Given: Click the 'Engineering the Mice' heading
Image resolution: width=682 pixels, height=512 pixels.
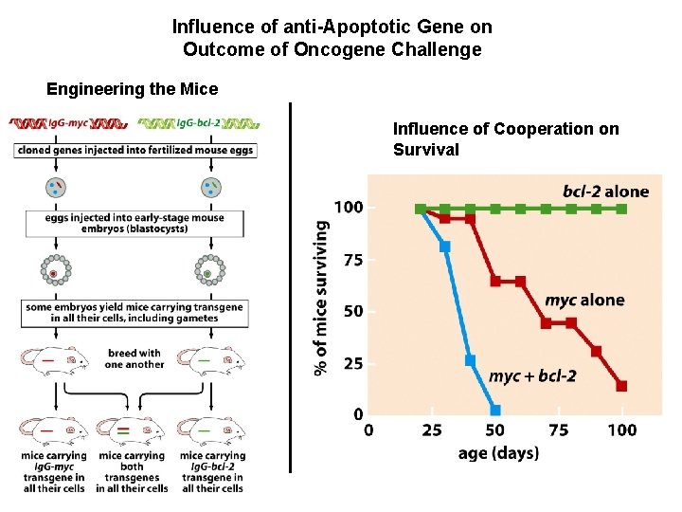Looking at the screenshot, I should pyautogui.click(x=132, y=89).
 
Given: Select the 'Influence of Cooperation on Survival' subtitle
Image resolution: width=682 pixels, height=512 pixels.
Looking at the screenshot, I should pyautogui.click(x=506, y=139).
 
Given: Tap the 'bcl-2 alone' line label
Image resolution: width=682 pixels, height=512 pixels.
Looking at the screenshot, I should pyautogui.click(x=605, y=192).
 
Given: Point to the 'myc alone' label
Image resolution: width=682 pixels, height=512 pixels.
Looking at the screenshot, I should pyautogui.click(x=584, y=301).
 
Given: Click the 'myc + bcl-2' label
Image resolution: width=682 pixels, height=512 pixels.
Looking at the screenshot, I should pyautogui.click(x=532, y=376).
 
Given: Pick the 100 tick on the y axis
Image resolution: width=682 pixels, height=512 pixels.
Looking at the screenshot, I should pyautogui.click(x=348, y=207).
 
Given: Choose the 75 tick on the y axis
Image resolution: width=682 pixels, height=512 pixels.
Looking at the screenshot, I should pyautogui.click(x=351, y=259).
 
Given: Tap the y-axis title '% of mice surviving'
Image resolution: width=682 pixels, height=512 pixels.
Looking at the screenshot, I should pyautogui.click(x=322, y=297).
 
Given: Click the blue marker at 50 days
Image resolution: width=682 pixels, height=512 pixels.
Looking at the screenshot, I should pyautogui.click(x=494, y=411).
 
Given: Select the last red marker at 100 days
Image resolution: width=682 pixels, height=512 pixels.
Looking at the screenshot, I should pyautogui.click(x=621, y=386).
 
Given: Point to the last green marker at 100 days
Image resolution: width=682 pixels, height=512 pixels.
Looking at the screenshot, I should pyautogui.click(x=621, y=209).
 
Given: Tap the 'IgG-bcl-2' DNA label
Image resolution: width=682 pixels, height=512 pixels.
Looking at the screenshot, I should pyautogui.click(x=200, y=123).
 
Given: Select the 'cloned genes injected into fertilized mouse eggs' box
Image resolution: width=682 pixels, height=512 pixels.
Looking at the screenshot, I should pyautogui.click(x=135, y=151).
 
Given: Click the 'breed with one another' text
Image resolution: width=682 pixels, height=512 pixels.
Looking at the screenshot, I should pyautogui.click(x=134, y=358).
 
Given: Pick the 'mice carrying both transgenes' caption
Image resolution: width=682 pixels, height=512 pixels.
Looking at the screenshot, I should pyautogui.click(x=133, y=472).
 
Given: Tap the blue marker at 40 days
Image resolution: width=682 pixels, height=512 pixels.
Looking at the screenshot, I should pyautogui.click(x=470, y=360).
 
